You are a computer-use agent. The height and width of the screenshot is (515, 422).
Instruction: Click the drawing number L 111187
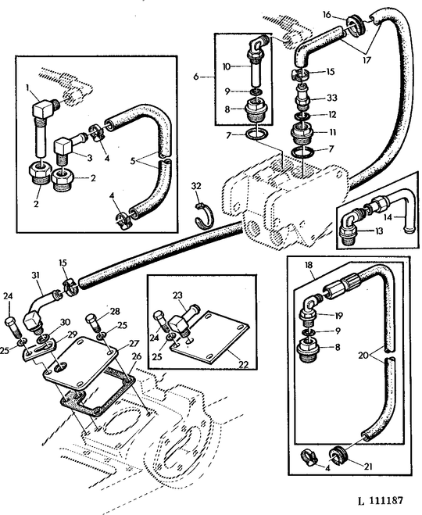click(x=381, y=501)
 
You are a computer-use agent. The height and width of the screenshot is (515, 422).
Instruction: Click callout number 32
click(x=196, y=186)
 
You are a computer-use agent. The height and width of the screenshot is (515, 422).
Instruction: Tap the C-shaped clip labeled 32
click(x=203, y=216)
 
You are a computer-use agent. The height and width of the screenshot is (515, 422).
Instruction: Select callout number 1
click(x=28, y=87)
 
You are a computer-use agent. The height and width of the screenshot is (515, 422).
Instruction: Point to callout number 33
click(x=332, y=98)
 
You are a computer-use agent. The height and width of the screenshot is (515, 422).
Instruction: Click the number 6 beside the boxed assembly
click(x=196, y=77)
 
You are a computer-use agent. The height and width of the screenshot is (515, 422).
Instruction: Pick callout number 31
click(x=35, y=275)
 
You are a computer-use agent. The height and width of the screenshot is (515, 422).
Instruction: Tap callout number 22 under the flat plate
click(x=244, y=364)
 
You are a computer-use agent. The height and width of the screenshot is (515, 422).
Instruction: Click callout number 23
click(x=177, y=295)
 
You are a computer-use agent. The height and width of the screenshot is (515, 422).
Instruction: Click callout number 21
click(x=368, y=466)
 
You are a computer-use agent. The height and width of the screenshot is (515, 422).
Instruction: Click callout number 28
click(x=115, y=311)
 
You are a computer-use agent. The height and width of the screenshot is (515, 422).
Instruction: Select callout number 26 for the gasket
click(x=137, y=356)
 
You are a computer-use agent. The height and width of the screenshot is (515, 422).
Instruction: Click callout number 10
click(x=227, y=66)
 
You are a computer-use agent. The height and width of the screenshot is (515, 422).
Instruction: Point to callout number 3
click(x=89, y=158)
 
